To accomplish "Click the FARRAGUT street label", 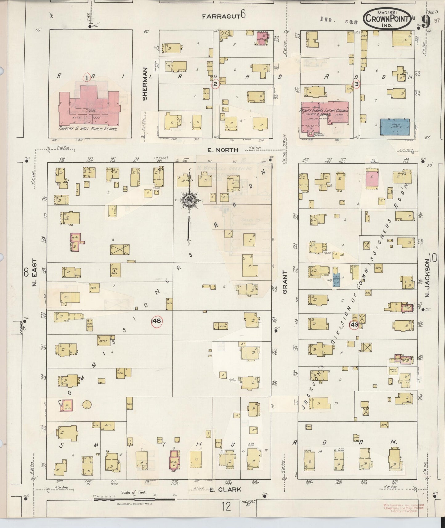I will [x=221, y=16].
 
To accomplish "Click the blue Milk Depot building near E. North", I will [x=395, y=127].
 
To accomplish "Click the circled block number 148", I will [x=156, y=321].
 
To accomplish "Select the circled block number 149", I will [x=354, y=325].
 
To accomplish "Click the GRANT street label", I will [x=285, y=282].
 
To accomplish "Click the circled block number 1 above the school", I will [x=87, y=78].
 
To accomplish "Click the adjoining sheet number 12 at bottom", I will [x=227, y=506].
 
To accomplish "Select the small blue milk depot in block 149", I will [x=336, y=280].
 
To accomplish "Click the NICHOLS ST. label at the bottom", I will [x=249, y=502].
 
